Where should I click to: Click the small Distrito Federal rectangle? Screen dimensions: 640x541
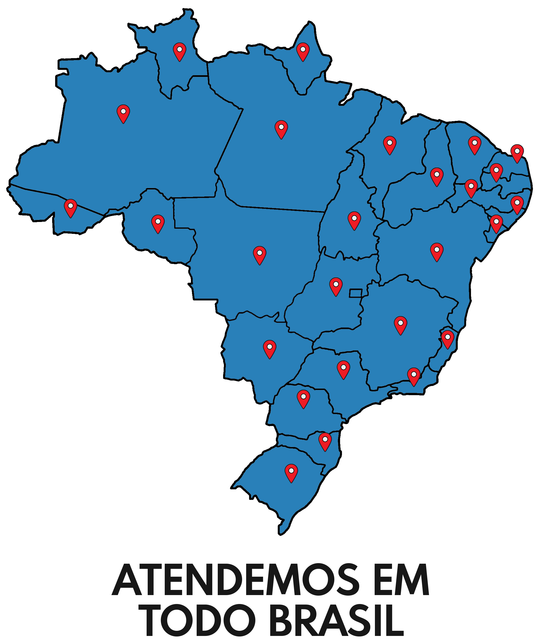pos(355,293)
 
